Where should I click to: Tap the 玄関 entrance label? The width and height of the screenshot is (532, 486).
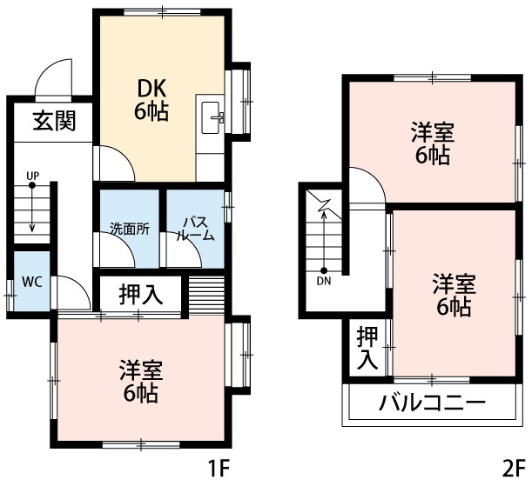[x=54, y=122]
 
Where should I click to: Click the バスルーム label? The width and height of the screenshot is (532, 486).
[x=195, y=229]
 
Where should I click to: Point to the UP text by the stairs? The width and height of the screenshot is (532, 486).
[x=32, y=176]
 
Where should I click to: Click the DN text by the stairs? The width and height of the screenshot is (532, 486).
[x=324, y=281]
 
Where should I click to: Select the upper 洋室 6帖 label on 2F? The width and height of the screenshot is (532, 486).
[x=432, y=144]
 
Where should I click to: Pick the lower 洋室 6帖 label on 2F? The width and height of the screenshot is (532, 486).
[x=454, y=295]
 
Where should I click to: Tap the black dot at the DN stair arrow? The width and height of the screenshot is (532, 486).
[x=324, y=270]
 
